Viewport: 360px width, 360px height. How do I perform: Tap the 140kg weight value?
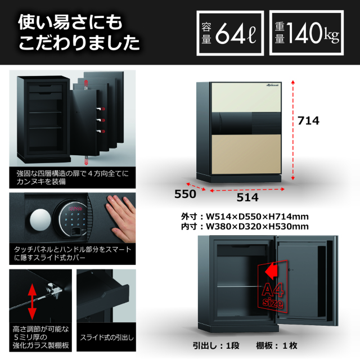click(313, 33)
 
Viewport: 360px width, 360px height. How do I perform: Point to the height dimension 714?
click(308, 120)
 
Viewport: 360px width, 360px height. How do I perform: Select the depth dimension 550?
click(185, 194)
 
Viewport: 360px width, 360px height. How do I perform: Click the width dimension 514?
click(247, 197)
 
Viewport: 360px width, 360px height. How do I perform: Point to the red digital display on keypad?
click(75, 209)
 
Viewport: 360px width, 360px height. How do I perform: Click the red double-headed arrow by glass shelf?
click(32, 301)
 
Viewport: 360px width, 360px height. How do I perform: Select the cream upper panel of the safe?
click(246, 97)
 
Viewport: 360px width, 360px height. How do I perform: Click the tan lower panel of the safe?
click(246, 154)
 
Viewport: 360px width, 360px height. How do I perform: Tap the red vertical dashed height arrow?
click(292, 130)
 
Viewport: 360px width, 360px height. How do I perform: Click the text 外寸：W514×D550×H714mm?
click(245, 217)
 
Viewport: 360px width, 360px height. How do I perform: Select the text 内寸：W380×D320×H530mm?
click(245, 227)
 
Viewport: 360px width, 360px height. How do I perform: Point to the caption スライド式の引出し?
click(107, 337)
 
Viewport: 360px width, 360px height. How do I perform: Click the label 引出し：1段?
click(216, 346)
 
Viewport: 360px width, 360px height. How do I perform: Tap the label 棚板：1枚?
click(277, 346)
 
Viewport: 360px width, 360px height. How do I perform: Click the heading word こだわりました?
click(79, 43)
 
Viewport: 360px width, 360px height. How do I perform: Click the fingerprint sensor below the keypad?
click(75, 232)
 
